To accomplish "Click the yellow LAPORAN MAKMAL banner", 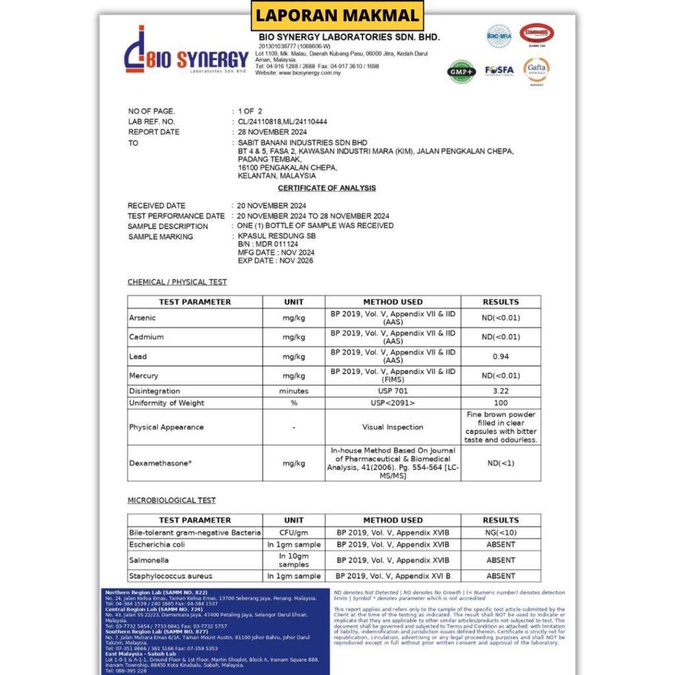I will pyautogui.click(x=337, y=15).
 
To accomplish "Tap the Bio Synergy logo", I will pyautogui.click(x=187, y=51).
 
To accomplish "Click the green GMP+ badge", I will pyautogui.click(x=461, y=70).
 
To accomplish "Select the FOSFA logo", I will pyautogui.click(x=499, y=70).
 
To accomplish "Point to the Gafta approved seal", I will pyautogui.click(x=537, y=69).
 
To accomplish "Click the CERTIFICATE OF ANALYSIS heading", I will pyautogui.click(x=327, y=189).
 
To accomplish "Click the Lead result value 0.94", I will pyautogui.click(x=500, y=357).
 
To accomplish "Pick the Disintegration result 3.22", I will pyautogui.click(x=500, y=391).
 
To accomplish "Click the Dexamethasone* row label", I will pyautogui.click(x=161, y=463).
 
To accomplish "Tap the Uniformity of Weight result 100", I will pyautogui.click(x=500, y=403).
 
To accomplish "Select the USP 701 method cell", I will pyautogui.click(x=393, y=391).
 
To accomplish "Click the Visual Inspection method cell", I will pyautogui.click(x=393, y=427).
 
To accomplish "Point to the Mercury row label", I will pyautogui.click(x=144, y=376).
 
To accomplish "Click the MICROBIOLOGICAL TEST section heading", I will pyautogui.click(x=171, y=500).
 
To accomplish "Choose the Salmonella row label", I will pyautogui.click(x=149, y=560).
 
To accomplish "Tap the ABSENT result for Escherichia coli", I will pyautogui.click(x=500, y=544).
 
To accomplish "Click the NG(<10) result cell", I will pyautogui.click(x=500, y=532).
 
